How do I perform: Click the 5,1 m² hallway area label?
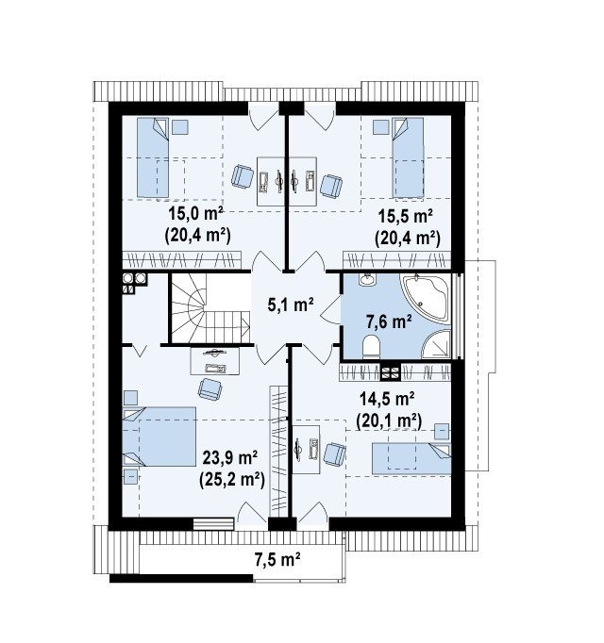(x=291, y=305)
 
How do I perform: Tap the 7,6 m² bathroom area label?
(x=389, y=321)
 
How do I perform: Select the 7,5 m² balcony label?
(x=277, y=559)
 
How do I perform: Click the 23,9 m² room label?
(x=230, y=458)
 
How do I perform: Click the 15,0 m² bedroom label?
(x=196, y=214)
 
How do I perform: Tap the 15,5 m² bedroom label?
(x=405, y=216)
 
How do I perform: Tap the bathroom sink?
(x=367, y=279)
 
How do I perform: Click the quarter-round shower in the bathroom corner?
(x=437, y=343)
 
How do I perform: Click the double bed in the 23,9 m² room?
(x=159, y=437)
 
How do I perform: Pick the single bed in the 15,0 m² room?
(x=153, y=157)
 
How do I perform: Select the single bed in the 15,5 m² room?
(x=408, y=157)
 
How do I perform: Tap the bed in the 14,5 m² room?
(x=411, y=458)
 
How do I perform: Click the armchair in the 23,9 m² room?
(x=210, y=388)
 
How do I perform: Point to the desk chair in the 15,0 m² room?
(x=243, y=176)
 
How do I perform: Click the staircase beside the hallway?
(x=210, y=308)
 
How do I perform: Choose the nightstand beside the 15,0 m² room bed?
(x=180, y=126)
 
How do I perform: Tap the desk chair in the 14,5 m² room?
(x=335, y=454)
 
